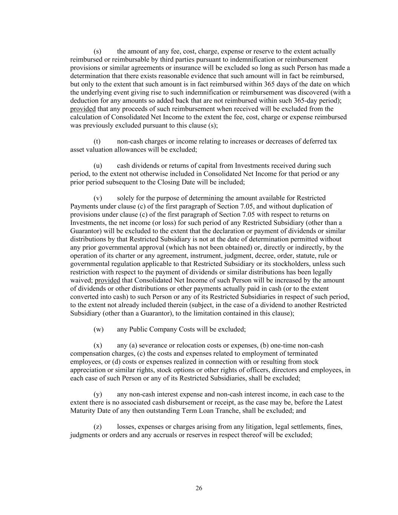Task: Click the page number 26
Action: pos(199,488)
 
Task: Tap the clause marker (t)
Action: pos(97,141)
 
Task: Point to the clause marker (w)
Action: pos(98,329)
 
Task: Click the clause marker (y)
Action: pos(97,394)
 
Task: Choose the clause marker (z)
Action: pos(97,427)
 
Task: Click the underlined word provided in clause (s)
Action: pos(83,109)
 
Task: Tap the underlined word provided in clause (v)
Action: pos(107,280)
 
